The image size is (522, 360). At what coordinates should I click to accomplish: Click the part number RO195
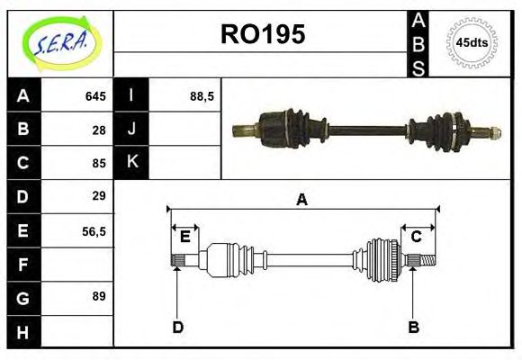(x=263, y=35)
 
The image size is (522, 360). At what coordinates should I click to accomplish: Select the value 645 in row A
(x=95, y=96)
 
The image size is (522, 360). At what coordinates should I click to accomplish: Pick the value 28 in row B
(x=99, y=130)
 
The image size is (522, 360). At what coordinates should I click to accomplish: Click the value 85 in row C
(x=99, y=163)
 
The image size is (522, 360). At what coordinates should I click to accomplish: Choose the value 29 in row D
(x=99, y=196)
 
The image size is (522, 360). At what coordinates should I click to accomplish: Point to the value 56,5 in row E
(x=94, y=230)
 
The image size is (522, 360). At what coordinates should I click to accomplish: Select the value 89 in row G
(x=99, y=296)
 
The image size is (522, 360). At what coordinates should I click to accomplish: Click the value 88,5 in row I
(x=202, y=96)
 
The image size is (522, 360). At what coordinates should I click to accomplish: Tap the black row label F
(x=22, y=264)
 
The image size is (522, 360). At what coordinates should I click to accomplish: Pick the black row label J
(x=131, y=130)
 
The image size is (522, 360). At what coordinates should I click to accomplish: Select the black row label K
(x=131, y=163)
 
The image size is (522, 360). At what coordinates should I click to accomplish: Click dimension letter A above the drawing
(x=301, y=200)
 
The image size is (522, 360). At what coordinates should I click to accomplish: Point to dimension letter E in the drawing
(x=184, y=237)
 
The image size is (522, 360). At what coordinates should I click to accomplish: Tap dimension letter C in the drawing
(x=417, y=237)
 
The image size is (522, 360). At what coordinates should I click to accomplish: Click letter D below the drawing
(x=177, y=327)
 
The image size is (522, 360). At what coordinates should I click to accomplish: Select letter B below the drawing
(x=413, y=327)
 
